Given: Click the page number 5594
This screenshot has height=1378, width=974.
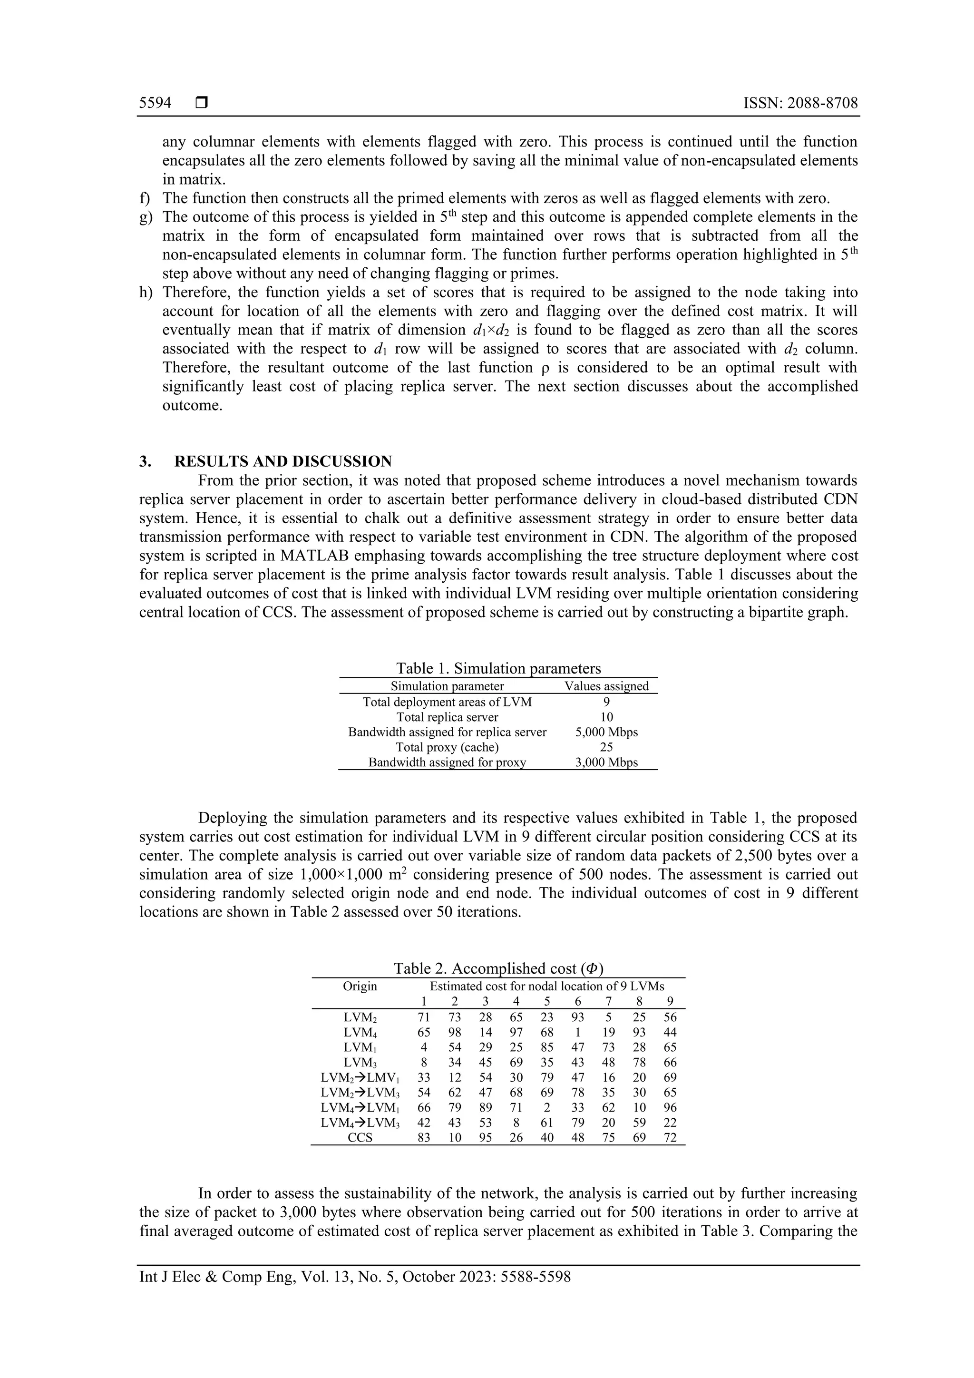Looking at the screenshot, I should [x=155, y=103].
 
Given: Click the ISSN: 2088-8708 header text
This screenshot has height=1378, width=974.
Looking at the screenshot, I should [x=800, y=103].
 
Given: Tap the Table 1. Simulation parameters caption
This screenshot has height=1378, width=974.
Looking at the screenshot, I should [x=498, y=669].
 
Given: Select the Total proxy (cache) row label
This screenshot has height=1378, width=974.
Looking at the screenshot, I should [x=447, y=747].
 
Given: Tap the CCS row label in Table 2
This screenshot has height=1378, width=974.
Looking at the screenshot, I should [x=360, y=1138].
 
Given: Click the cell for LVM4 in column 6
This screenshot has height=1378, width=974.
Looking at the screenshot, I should [x=578, y=1032].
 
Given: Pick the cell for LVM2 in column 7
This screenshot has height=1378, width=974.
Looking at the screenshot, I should [x=609, y=1017].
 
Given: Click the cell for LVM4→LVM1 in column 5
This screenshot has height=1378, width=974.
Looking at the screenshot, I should [x=547, y=1108].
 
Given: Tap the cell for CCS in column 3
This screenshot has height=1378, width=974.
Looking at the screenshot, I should [x=486, y=1138].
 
